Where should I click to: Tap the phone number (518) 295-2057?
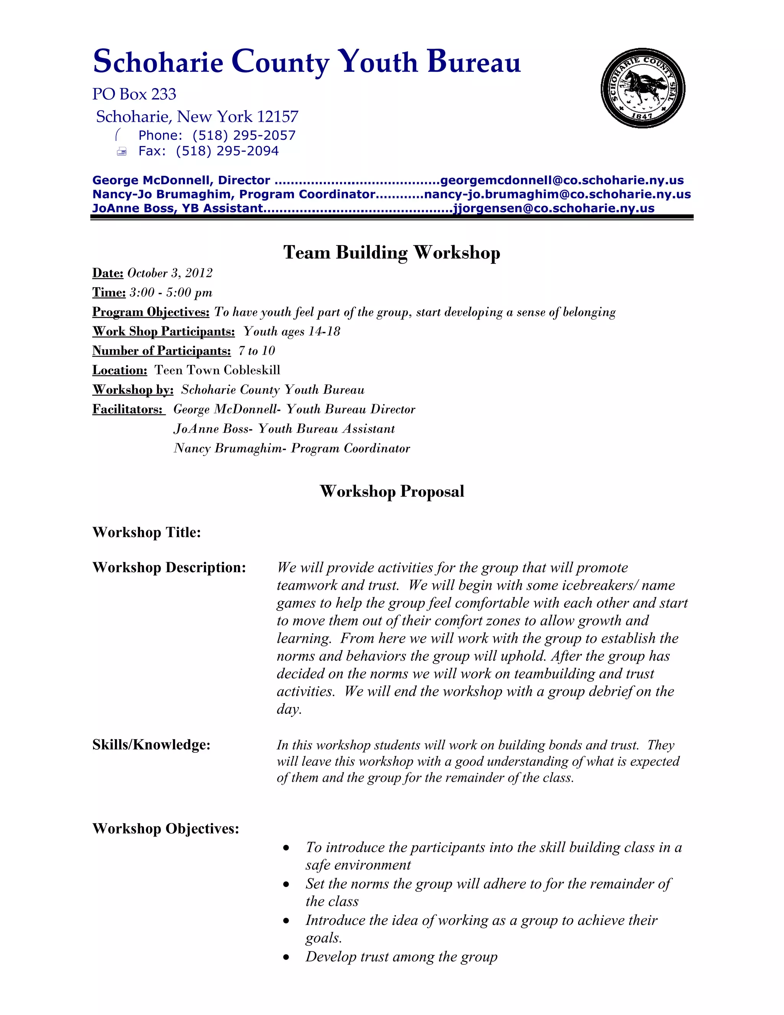click(244, 135)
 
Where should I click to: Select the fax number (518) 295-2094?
click(227, 151)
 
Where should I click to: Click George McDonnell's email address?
click(562, 180)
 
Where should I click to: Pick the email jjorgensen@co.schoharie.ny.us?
click(554, 208)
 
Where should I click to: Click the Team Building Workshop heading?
click(392, 252)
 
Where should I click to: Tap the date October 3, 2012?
click(170, 273)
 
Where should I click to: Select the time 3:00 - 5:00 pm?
click(171, 293)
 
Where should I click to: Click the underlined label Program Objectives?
click(151, 312)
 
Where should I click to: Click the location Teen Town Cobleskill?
click(217, 370)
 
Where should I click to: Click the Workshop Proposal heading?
click(392, 491)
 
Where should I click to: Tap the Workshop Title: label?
click(147, 532)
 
